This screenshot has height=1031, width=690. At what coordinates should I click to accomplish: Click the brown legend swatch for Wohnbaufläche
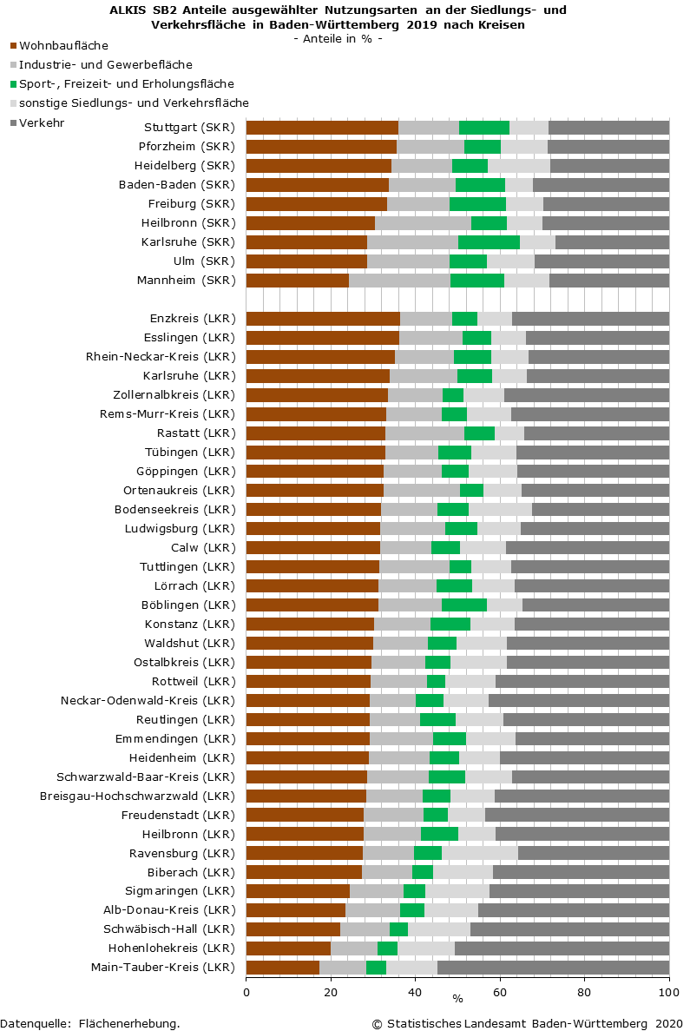click(13, 44)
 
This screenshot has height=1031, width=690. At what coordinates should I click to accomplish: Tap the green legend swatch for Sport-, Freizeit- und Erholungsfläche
click(13, 84)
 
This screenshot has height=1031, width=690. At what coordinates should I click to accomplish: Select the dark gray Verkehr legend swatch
click(13, 123)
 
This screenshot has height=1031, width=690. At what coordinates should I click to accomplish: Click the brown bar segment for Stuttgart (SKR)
click(322, 128)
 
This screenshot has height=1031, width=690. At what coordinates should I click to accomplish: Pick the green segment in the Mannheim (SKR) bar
click(476, 281)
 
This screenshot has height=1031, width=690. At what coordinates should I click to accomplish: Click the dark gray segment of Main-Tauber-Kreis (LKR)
click(553, 968)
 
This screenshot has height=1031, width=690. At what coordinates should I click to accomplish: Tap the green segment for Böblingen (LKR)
click(463, 605)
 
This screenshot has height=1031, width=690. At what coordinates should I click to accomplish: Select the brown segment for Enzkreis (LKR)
click(323, 319)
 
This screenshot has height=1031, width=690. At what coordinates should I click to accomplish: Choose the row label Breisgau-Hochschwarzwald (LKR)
click(138, 796)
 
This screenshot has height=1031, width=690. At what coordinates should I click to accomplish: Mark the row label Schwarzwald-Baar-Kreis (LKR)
click(146, 777)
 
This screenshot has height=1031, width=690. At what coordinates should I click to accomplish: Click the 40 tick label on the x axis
click(416, 991)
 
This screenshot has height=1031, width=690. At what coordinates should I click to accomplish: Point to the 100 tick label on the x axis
click(668, 991)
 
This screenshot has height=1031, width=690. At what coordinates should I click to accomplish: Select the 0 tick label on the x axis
click(246, 991)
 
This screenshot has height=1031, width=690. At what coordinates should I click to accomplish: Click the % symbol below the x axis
click(457, 999)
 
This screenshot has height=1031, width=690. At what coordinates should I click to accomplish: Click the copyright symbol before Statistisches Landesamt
click(378, 1023)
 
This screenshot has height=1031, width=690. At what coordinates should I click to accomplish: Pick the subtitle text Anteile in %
click(338, 39)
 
